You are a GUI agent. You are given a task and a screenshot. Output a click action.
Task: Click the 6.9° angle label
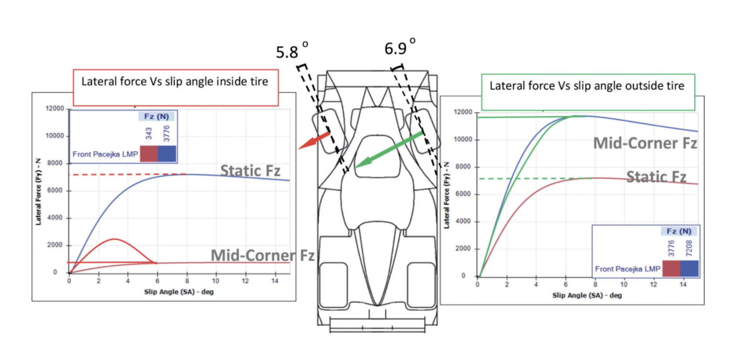click(400, 47)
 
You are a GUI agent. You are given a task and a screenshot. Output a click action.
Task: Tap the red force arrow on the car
click(314, 141)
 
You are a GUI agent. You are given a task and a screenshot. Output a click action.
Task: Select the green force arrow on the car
click(388, 150)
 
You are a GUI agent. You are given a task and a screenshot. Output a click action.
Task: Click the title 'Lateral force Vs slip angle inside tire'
click(175, 81)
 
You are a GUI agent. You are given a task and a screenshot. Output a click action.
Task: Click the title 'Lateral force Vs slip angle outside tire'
click(587, 86)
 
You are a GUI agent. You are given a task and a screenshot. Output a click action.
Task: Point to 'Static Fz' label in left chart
click(250, 171)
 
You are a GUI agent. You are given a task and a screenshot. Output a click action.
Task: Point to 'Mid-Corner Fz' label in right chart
click(645, 143)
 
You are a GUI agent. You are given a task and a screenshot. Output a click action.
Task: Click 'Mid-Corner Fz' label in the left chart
click(262, 255)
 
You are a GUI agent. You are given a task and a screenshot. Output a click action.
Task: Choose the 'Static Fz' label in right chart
click(656, 177)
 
